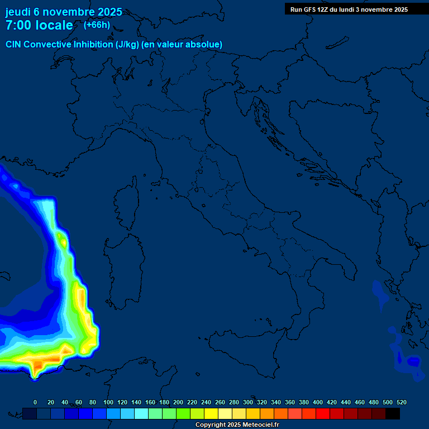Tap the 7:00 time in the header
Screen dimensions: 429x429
(x=18, y=25)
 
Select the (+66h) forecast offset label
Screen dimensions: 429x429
(x=97, y=25)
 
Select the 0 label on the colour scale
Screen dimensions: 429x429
(x=35, y=402)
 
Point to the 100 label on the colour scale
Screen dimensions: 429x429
(x=108, y=402)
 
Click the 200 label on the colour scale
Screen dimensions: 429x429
(x=178, y=402)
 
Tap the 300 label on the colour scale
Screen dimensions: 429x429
(x=248, y=402)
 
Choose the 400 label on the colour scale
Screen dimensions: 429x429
(x=318, y=402)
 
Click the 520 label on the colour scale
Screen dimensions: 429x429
(x=401, y=402)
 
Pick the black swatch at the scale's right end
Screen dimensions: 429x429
(x=393, y=413)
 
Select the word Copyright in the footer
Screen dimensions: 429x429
(x=210, y=425)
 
